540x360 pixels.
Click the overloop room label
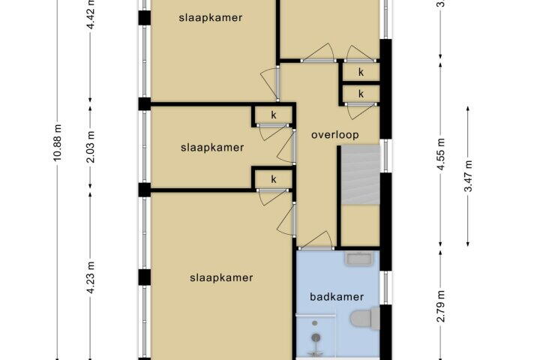[334, 135]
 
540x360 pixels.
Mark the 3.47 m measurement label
[469, 177]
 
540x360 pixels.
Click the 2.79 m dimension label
[442, 307]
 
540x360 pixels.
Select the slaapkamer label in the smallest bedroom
[212, 148]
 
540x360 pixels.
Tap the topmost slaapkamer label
[211, 18]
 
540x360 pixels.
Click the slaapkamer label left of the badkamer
[221, 277]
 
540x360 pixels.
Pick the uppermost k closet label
[361, 73]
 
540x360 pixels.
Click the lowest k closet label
[274, 179]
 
